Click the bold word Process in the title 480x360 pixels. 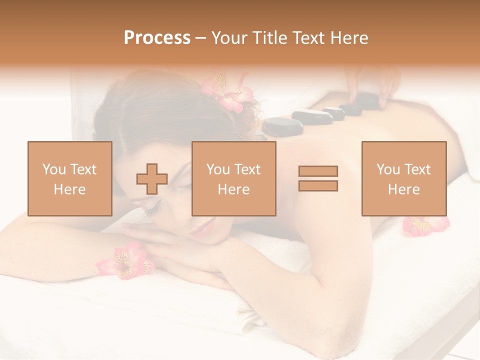click(157, 38)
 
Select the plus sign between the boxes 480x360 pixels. click(152, 178)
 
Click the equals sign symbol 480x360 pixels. click(318, 178)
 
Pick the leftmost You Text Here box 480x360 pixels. click(70, 178)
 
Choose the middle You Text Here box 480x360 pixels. click(234, 178)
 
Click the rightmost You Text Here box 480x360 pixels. click(404, 178)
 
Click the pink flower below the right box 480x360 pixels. click(425, 225)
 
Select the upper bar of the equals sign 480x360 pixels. click(318, 171)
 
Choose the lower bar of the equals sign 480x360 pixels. click(318, 185)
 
